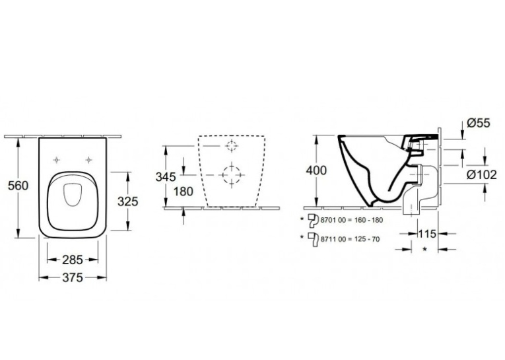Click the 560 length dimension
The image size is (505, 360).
pos(18,186)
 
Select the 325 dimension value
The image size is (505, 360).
pos(128,201)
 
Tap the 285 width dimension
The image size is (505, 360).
pos(73,260)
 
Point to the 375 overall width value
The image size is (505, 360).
pos(73,277)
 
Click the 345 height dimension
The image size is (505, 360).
pos(166,177)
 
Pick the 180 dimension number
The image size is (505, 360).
pos(184,192)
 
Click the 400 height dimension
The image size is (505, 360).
pos(316,170)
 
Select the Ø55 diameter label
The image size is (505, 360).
pos(479,123)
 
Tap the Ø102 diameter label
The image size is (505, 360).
pos(482,174)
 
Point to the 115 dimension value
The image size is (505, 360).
pos(427,233)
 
